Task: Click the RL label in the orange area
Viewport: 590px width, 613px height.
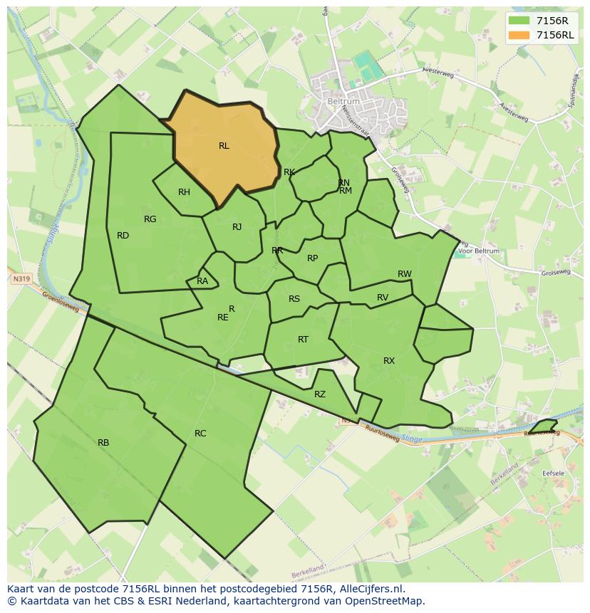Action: click(x=224, y=146)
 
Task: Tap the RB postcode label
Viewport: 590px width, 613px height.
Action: click(x=103, y=443)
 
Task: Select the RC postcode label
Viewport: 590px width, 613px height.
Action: click(x=200, y=434)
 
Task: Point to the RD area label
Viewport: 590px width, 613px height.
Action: click(x=123, y=236)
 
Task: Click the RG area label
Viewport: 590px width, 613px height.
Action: click(x=150, y=219)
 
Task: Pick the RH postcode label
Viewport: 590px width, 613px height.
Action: click(x=184, y=192)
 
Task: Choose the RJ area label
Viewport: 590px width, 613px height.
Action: click(x=237, y=227)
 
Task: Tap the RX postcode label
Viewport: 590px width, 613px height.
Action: click(x=388, y=361)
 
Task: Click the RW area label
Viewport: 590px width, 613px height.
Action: click(x=404, y=274)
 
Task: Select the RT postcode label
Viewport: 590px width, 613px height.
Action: click(x=303, y=340)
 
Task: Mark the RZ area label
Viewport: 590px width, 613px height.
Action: click(x=319, y=394)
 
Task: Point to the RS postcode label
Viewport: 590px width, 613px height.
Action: click(x=294, y=299)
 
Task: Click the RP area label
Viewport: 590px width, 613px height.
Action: click(x=312, y=258)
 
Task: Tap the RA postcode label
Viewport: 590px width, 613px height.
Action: click(x=202, y=281)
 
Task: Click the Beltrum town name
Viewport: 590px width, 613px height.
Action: click(x=344, y=102)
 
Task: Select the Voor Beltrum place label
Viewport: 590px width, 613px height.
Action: click(x=479, y=251)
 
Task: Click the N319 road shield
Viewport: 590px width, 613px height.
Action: click(x=21, y=280)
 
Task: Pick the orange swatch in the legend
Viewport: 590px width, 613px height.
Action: click(x=519, y=35)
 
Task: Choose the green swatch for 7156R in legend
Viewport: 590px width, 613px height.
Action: click(x=519, y=21)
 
